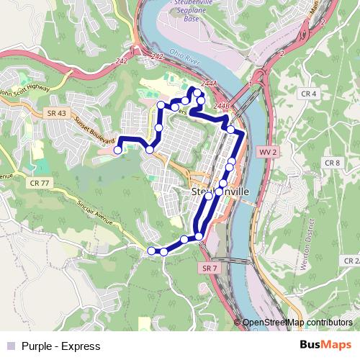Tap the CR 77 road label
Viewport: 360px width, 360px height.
[x=40, y=184]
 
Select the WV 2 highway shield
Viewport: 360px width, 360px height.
[x=268, y=153]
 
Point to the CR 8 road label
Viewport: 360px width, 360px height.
[x=332, y=163]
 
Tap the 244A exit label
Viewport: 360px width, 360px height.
[x=210, y=83]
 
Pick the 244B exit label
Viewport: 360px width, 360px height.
[x=221, y=107]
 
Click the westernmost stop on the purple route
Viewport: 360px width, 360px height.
[x=117, y=150]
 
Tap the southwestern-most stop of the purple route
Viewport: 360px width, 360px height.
[x=151, y=251]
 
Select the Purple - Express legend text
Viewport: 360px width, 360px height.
[x=60, y=346]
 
